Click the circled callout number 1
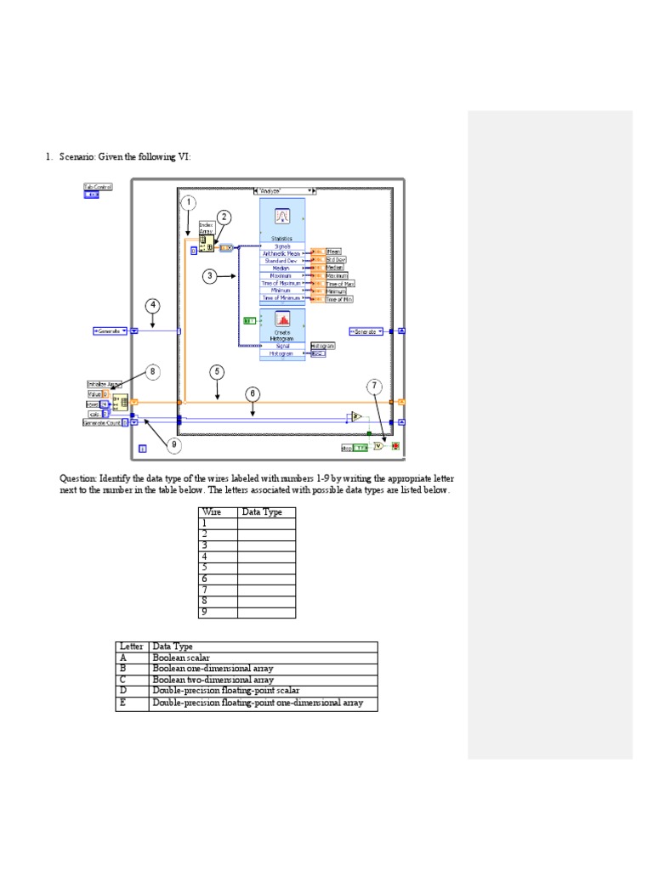tap(188, 203)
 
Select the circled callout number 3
tap(210, 276)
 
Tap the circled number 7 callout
tap(374, 387)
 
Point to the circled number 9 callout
tap(174, 443)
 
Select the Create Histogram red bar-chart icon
tap(281, 319)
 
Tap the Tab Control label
tap(97, 186)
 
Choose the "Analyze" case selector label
tap(284, 191)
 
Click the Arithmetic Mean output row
tap(282, 253)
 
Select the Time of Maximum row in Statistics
tap(282, 283)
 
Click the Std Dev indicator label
tap(335, 259)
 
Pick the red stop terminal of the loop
tap(395, 446)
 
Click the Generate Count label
tap(100, 421)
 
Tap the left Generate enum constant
tap(110, 330)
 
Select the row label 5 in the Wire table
tap(205, 568)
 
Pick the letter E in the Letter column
tap(122, 703)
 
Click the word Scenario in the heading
tap(77, 156)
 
